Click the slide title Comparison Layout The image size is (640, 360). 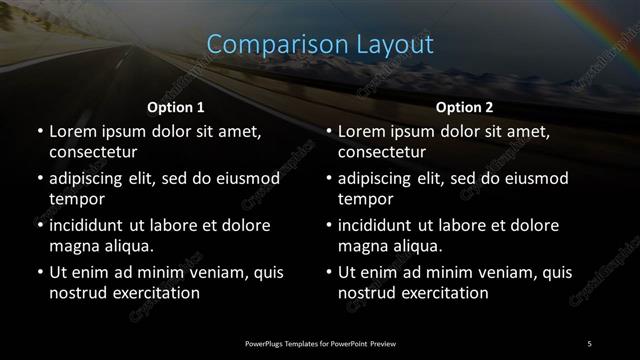tap(320, 45)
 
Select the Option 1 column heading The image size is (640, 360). tap(176, 106)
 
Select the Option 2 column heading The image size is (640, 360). tap(465, 106)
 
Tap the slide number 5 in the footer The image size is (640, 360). tap(590, 342)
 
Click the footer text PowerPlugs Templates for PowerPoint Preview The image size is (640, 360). tap(320, 342)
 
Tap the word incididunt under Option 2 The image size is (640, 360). tap(380, 225)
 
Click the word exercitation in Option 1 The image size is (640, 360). tap(155, 293)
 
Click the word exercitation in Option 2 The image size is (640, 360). tap(444, 293)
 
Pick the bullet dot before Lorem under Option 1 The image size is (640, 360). tap(39, 132)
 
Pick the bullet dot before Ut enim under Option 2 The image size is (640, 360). tap(328, 272)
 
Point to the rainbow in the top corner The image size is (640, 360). tap(610, 14)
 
